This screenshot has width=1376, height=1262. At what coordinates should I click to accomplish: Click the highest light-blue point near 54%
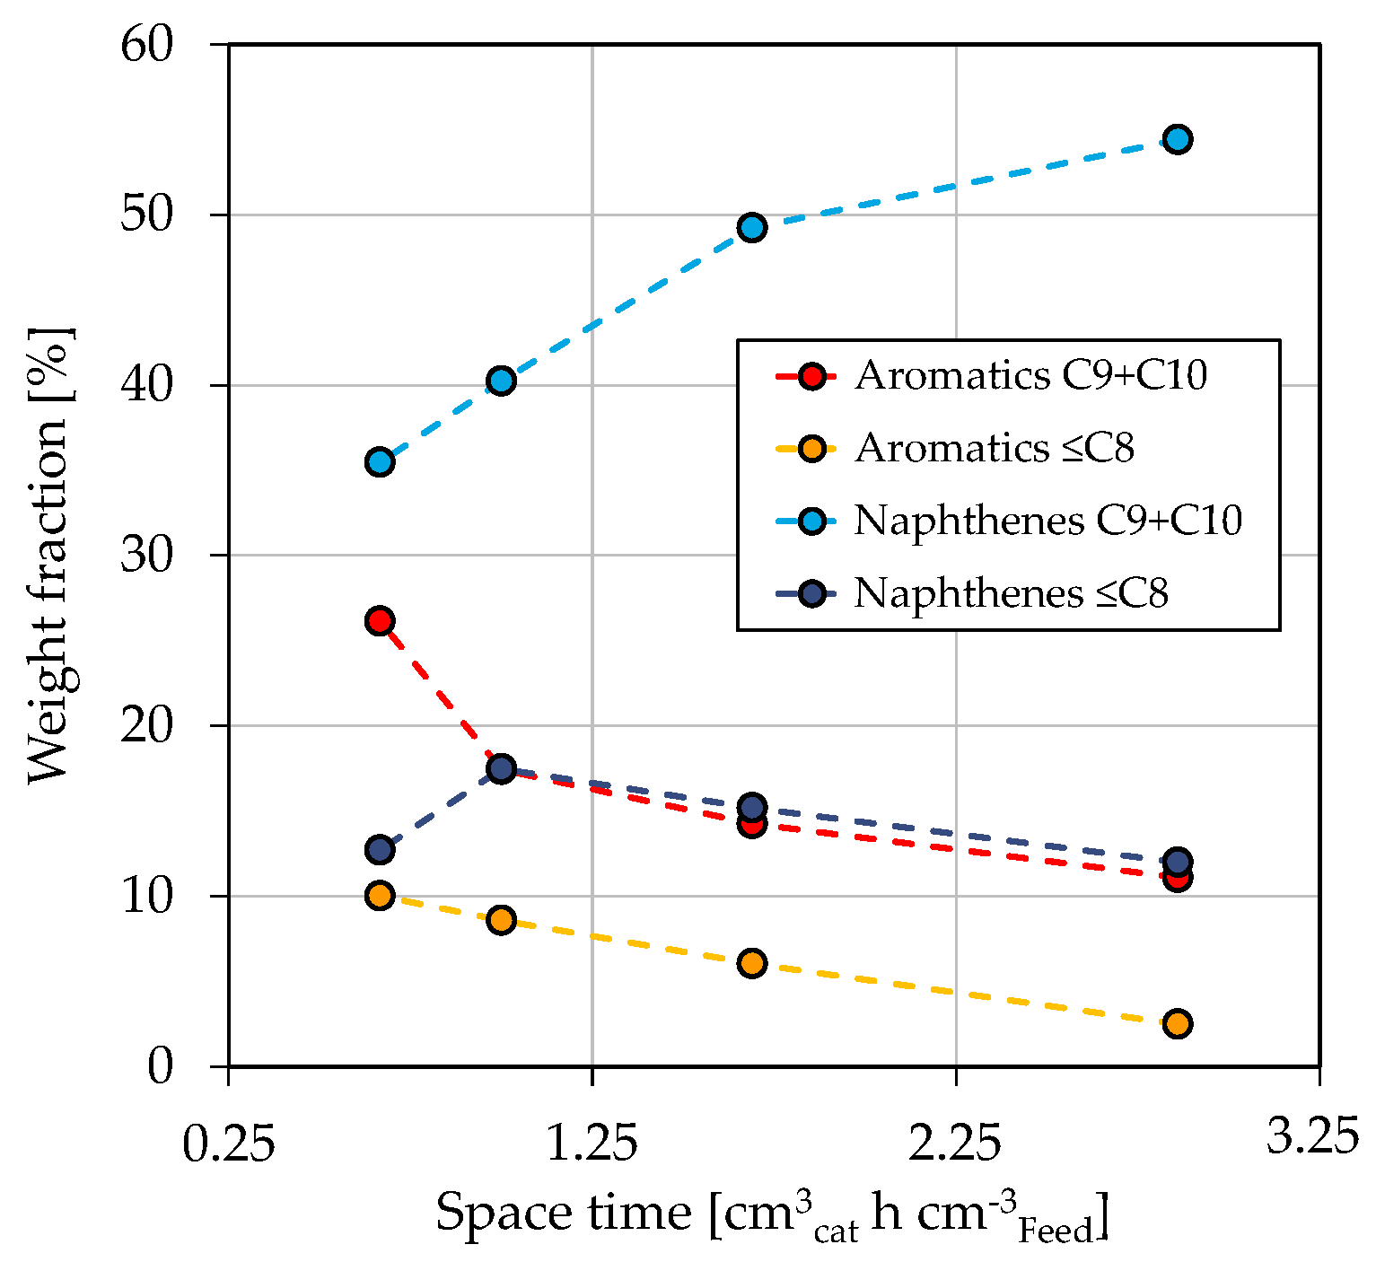click(1178, 139)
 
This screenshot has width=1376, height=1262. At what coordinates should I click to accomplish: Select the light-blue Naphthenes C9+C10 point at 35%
click(380, 462)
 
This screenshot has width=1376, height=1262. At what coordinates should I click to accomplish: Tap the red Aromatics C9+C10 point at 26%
click(380, 620)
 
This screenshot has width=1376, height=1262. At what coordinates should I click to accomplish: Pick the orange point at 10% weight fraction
click(380, 896)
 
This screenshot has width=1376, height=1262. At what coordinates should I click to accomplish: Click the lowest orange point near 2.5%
click(1178, 1023)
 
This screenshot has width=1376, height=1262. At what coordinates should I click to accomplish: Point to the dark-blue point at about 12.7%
click(380, 849)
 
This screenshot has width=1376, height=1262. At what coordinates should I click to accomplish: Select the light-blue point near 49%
click(752, 227)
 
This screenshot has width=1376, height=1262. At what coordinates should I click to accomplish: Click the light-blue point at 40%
click(501, 381)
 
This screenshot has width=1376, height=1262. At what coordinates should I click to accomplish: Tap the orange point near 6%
click(752, 964)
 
